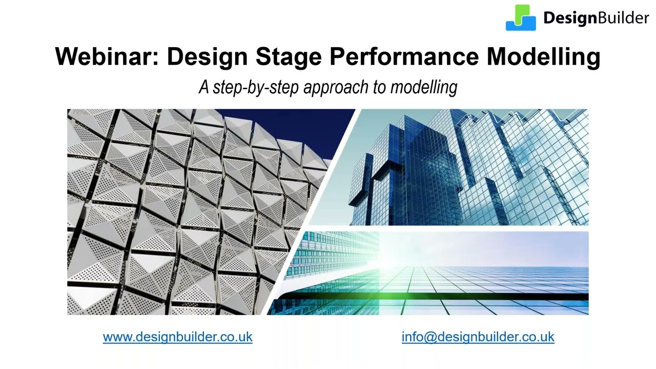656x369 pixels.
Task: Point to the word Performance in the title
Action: coord(403,56)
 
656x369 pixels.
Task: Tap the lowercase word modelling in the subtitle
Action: coord(423,87)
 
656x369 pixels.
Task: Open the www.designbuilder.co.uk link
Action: coord(177,337)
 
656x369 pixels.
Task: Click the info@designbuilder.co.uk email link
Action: coord(478,337)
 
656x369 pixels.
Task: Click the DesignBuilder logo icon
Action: coord(521,18)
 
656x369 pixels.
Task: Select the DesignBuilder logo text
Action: coord(596,18)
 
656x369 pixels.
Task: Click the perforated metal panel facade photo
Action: coord(169,215)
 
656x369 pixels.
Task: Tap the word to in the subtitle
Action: coord(379,88)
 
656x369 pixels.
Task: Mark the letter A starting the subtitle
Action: coord(204,87)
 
